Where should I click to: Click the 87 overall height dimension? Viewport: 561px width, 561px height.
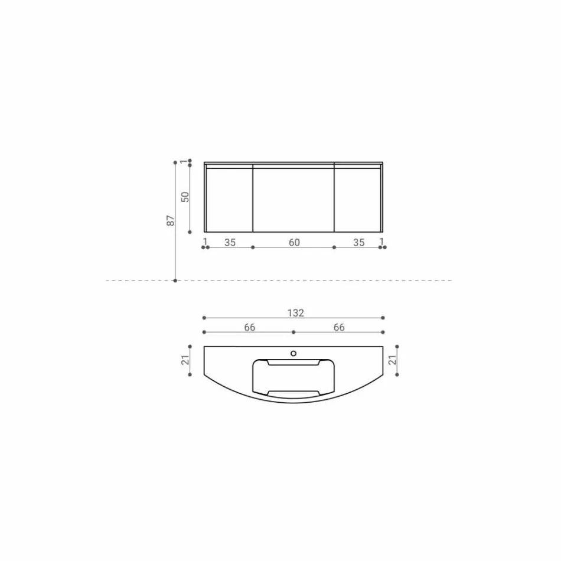[171, 221]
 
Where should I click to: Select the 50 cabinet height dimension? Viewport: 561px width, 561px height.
[185, 197]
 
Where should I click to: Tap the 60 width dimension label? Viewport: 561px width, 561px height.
[293, 242]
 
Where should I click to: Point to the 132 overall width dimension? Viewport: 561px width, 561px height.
[296, 313]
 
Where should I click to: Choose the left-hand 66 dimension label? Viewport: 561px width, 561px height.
[250, 327]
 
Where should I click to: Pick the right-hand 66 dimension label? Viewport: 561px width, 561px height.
[339, 327]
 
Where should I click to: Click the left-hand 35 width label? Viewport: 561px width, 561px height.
[230, 242]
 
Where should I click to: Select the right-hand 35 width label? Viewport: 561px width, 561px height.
[358, 242]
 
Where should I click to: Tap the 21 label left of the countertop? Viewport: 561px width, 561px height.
[185, 360]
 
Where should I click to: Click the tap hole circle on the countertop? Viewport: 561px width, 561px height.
[293, 354]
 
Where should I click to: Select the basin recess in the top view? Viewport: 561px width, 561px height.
[293, 378]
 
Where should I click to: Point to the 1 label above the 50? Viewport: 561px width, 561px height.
[184, 161]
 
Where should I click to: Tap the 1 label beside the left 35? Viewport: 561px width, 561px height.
[205, 242]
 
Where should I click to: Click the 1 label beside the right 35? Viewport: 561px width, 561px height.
[382, 242]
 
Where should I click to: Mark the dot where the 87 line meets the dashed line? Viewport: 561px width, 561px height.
[175, 280]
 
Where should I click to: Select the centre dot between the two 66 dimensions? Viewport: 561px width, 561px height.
[293, 332]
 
